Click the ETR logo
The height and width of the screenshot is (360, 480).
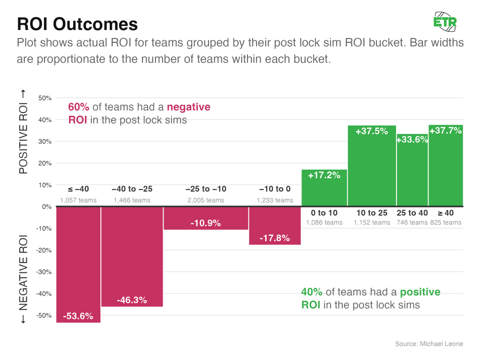click(445, 22)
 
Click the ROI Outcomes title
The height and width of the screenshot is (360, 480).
click(77, 24)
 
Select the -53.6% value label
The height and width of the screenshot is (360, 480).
click(78, 316)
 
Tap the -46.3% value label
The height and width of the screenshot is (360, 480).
click(132, 300)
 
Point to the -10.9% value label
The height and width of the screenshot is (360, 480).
click(205, 224)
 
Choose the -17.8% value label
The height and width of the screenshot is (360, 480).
click(274, 238)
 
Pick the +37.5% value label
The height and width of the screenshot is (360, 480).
click(372, 132)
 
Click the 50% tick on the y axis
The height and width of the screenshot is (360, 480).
click(45, 98)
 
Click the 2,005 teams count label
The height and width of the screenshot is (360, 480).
click(205, 201)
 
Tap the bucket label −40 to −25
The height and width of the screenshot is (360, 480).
click(132, 189)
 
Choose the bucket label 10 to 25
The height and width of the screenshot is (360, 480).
click(372, 213)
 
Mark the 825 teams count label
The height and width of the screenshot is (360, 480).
click(446, 223)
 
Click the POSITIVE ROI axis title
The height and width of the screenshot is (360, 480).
click(23, 132)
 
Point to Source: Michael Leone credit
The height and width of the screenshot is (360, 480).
click(429, 344)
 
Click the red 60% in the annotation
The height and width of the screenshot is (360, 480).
click(79, 107)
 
